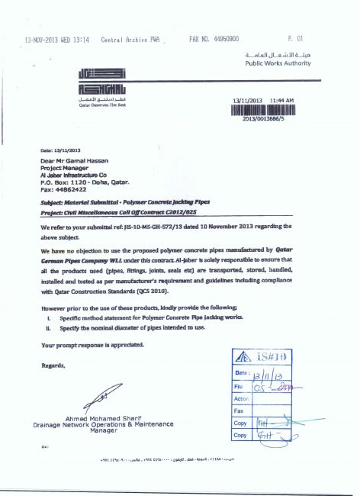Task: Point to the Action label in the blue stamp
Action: (x=243, y=398)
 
